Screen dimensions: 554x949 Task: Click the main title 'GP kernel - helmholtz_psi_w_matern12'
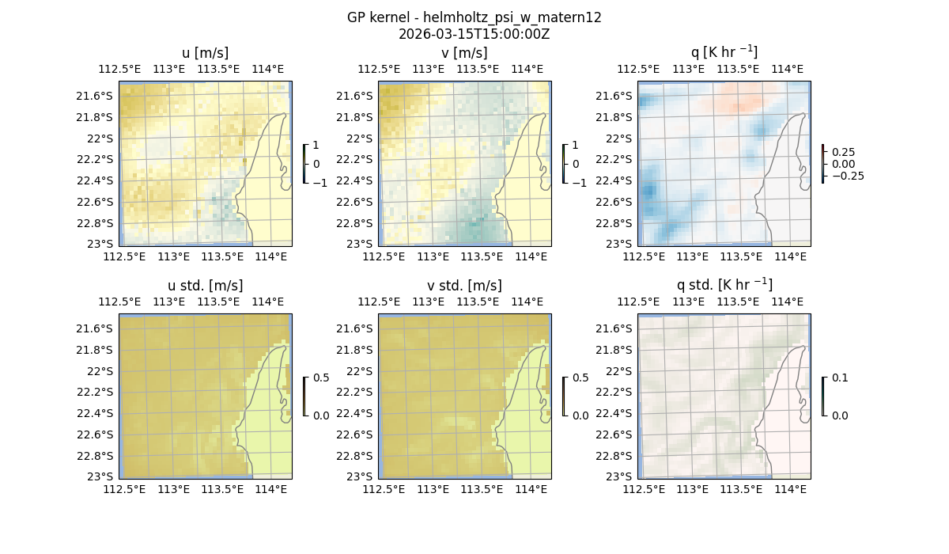(474, 17)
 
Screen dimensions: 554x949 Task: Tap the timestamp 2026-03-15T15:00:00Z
(474, 34)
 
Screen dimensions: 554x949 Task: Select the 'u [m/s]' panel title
(205, 53)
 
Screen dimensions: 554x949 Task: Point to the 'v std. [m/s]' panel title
(464, 286)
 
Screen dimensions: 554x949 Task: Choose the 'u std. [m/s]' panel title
(205, 286)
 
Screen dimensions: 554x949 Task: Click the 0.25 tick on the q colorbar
(842, 152)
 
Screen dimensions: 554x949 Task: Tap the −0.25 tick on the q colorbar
(847, 176)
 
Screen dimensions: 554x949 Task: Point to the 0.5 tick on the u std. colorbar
(321, 378)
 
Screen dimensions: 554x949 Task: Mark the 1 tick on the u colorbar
(316, 146)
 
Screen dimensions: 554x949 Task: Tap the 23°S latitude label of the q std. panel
(620, 476)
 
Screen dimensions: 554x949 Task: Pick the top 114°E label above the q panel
(787, 70)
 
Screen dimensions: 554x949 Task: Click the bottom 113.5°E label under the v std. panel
(482, 490)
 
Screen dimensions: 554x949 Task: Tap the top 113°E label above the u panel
(168, 70)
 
